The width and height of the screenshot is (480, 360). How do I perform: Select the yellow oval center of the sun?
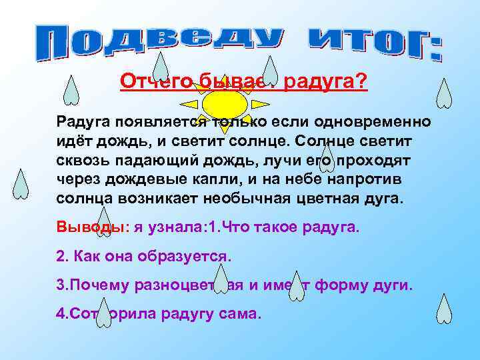pos(225,103)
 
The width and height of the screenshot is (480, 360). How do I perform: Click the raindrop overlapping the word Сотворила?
pos(103,312)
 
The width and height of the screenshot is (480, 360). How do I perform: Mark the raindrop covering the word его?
pos(327,160)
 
